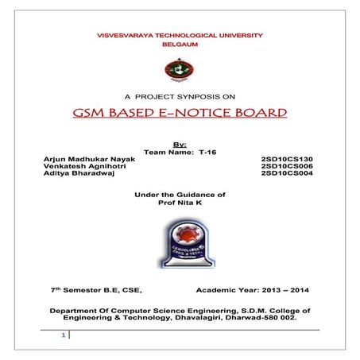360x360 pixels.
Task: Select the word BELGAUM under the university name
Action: coord(180,46)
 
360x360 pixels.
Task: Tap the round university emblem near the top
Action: coord(179,70)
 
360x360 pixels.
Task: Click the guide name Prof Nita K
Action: coord(179,203)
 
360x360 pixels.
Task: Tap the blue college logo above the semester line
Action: coord(180,242)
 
